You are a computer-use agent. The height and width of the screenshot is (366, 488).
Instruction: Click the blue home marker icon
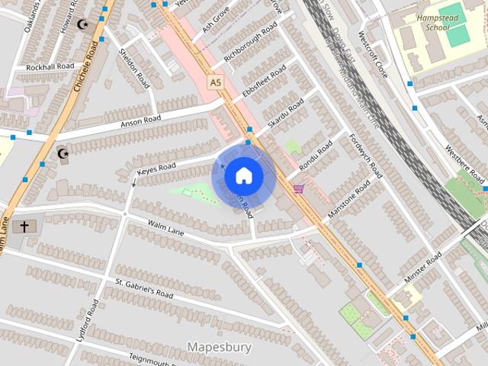point(243,176)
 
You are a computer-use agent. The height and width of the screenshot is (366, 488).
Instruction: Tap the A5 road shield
point(216,82)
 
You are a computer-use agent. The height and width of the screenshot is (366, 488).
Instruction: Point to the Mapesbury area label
point(219,348)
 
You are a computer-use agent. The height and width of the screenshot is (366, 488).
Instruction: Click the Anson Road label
point(140,120)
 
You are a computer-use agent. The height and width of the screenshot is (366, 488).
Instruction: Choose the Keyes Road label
point(156,170)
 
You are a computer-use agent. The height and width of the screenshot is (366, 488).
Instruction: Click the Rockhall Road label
point(47,68)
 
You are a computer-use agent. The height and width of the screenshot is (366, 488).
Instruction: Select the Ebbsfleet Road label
point(264,82)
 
